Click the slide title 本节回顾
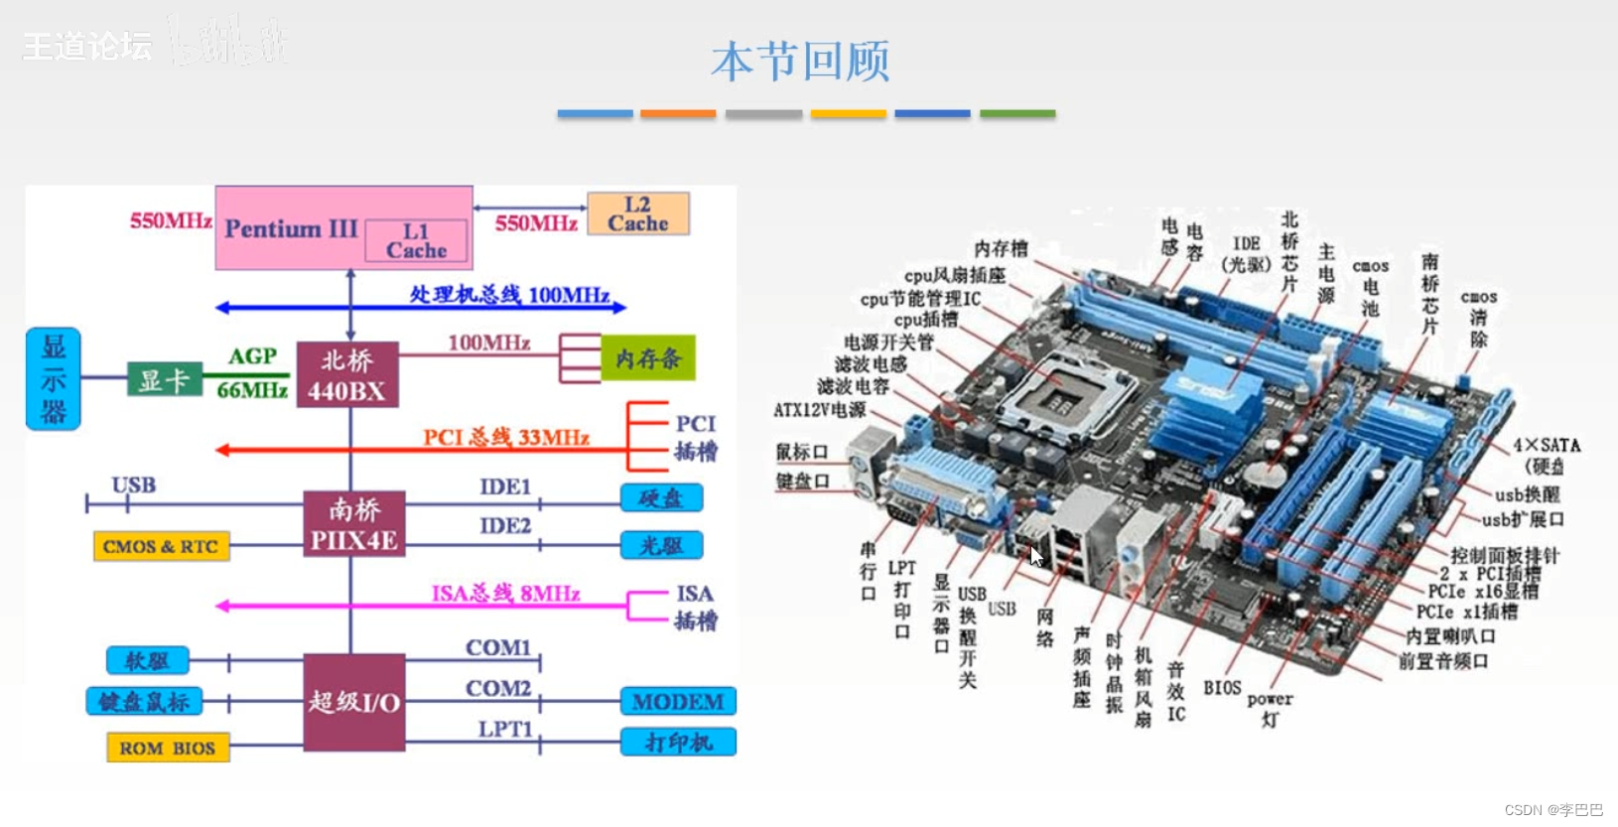point(800,62)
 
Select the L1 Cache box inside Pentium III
point(416,241)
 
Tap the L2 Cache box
point(638,214)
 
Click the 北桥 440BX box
point(346,375)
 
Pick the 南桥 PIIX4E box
point(353,524)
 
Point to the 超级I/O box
point(353,702)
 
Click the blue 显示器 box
point(53,378)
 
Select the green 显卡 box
point(165,379)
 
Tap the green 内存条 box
point(647,358)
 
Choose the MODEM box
point(678,702)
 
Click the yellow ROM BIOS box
point(168,748)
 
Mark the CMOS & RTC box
point(161,546)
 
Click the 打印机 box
point(678,743)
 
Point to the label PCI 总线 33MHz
point(506,438)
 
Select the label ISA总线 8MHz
point(506,594)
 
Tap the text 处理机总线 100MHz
point(509,295)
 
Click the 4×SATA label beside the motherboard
point(1546,446)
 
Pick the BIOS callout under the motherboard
point(1222,688)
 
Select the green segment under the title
point(1017,114)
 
